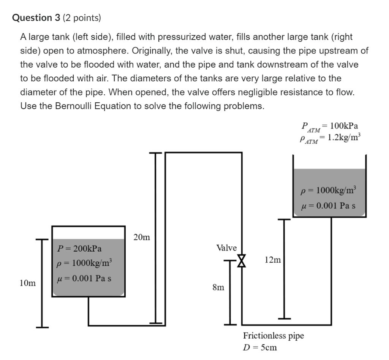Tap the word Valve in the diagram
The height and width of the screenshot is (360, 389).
tap(226, 248)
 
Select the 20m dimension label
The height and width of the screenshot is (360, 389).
tap(142, 238)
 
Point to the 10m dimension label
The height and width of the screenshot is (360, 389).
tap(27, 283)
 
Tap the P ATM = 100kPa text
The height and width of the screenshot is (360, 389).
tap(329, 126)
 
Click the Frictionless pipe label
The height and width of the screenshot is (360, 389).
tap(273, 336)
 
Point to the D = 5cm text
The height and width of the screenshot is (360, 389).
tap(260, 347)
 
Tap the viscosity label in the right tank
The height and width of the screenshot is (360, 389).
tap(329, 206)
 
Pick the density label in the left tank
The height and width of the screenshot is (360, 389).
tap(84, 263)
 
